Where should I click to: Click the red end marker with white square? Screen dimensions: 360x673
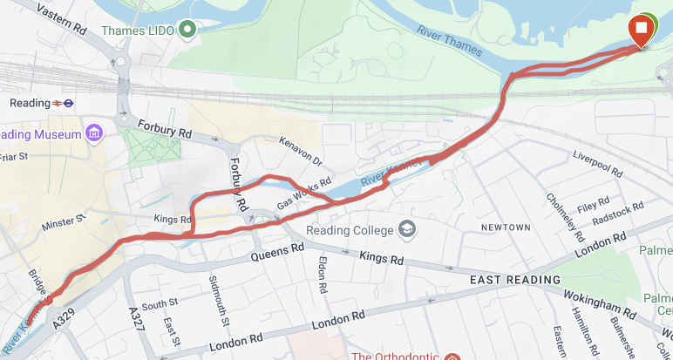(642, 30)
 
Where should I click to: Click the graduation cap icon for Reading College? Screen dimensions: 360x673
(406, 229)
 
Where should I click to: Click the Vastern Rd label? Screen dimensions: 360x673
(64, 18)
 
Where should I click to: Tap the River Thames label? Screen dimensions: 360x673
(451, 40)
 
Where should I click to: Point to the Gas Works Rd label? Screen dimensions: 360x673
(304, 193)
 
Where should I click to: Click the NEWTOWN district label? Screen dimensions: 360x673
(506, 228)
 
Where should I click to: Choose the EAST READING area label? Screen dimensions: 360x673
(514, 280)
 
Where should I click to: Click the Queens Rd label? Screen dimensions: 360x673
(277, 252)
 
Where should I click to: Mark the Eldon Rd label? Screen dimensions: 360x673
(322, 274)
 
